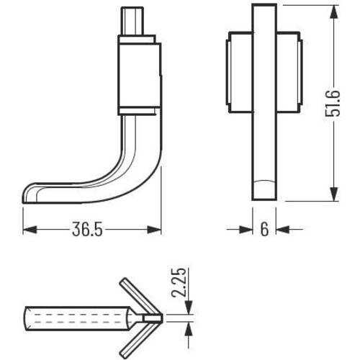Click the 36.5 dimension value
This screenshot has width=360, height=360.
(x=87, y=229)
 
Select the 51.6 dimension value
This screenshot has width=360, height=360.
(x=333, y=104)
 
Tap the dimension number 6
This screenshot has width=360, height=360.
(x=264, y=229)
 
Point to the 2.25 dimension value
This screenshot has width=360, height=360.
(x=179, y=282)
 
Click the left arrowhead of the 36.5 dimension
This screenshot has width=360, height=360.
(x=30, y=230)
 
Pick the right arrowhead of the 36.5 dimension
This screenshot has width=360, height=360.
(x=154, y=230)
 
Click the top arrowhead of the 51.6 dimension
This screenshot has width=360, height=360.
(x=334, y=12)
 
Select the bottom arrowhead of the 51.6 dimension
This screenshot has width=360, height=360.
(x=334, y=194)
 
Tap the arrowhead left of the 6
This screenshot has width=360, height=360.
(x=246, y=230)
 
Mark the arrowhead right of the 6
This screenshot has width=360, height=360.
(x=283, y=230)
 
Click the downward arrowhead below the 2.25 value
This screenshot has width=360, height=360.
(x=189, y=307)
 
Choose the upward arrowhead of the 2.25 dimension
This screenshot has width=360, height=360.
(x=189, y=328)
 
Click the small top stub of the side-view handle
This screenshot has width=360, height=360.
(x=132, y=21)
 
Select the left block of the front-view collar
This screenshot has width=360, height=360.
(x=239, y=72)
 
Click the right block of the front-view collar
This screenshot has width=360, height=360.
(x=289, y=72)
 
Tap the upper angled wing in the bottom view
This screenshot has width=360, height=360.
(x=140, y=296)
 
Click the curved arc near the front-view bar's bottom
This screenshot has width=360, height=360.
(x=264, y=181)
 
